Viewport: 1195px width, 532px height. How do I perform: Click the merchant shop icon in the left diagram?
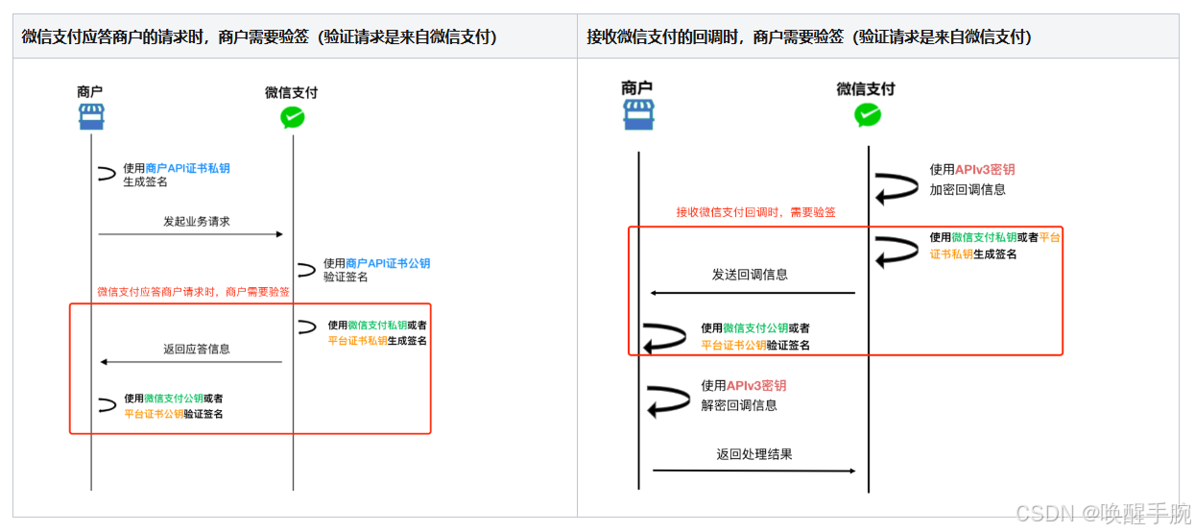click(91, 117)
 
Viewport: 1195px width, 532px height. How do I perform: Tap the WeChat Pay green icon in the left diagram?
click(292, 117)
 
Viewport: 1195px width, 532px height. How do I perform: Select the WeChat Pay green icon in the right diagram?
click(868, 115)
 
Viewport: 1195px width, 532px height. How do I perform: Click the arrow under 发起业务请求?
click(190, 234)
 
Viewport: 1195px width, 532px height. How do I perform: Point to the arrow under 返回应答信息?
click(191, 362)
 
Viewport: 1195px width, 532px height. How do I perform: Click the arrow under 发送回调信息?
click(753, 292)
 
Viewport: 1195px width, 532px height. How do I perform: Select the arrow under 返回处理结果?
click(753, 471)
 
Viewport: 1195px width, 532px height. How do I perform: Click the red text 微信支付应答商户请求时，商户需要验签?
click(194, 291)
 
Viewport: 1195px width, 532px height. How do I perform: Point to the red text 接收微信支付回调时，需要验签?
click(755, 212)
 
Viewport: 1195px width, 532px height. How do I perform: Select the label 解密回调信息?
click(739, 405)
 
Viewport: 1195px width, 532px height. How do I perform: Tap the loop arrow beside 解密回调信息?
click(667, 399)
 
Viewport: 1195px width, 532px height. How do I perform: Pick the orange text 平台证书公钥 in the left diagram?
click(154, 414)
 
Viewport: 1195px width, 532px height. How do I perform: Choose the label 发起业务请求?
click(197, 221)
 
